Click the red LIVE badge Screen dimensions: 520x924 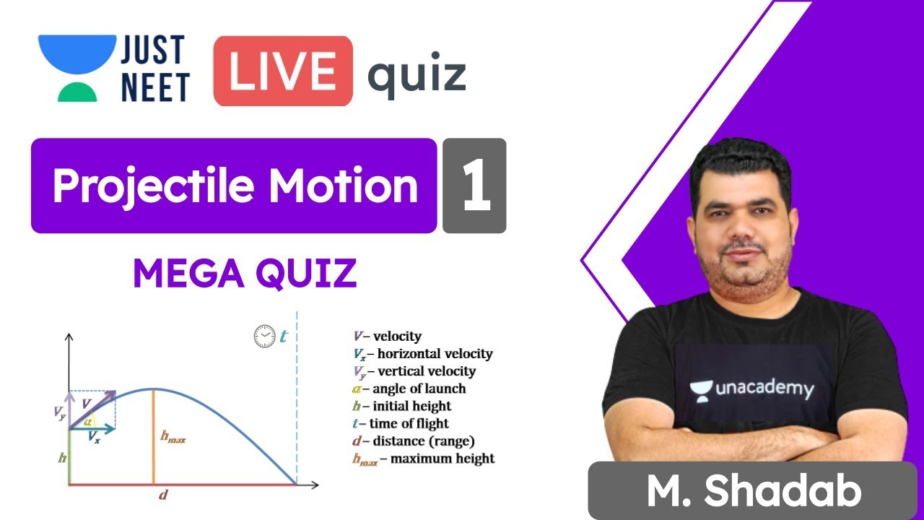282,71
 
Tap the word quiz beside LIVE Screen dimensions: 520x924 417,74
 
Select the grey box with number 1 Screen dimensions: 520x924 474,186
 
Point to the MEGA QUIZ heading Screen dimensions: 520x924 245,273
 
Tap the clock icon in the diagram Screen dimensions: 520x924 264,336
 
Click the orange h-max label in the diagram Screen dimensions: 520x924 173,437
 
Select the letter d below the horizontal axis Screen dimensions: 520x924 164,495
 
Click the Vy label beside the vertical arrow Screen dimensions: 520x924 59,412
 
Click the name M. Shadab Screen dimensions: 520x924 754,492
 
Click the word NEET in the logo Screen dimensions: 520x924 155,87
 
